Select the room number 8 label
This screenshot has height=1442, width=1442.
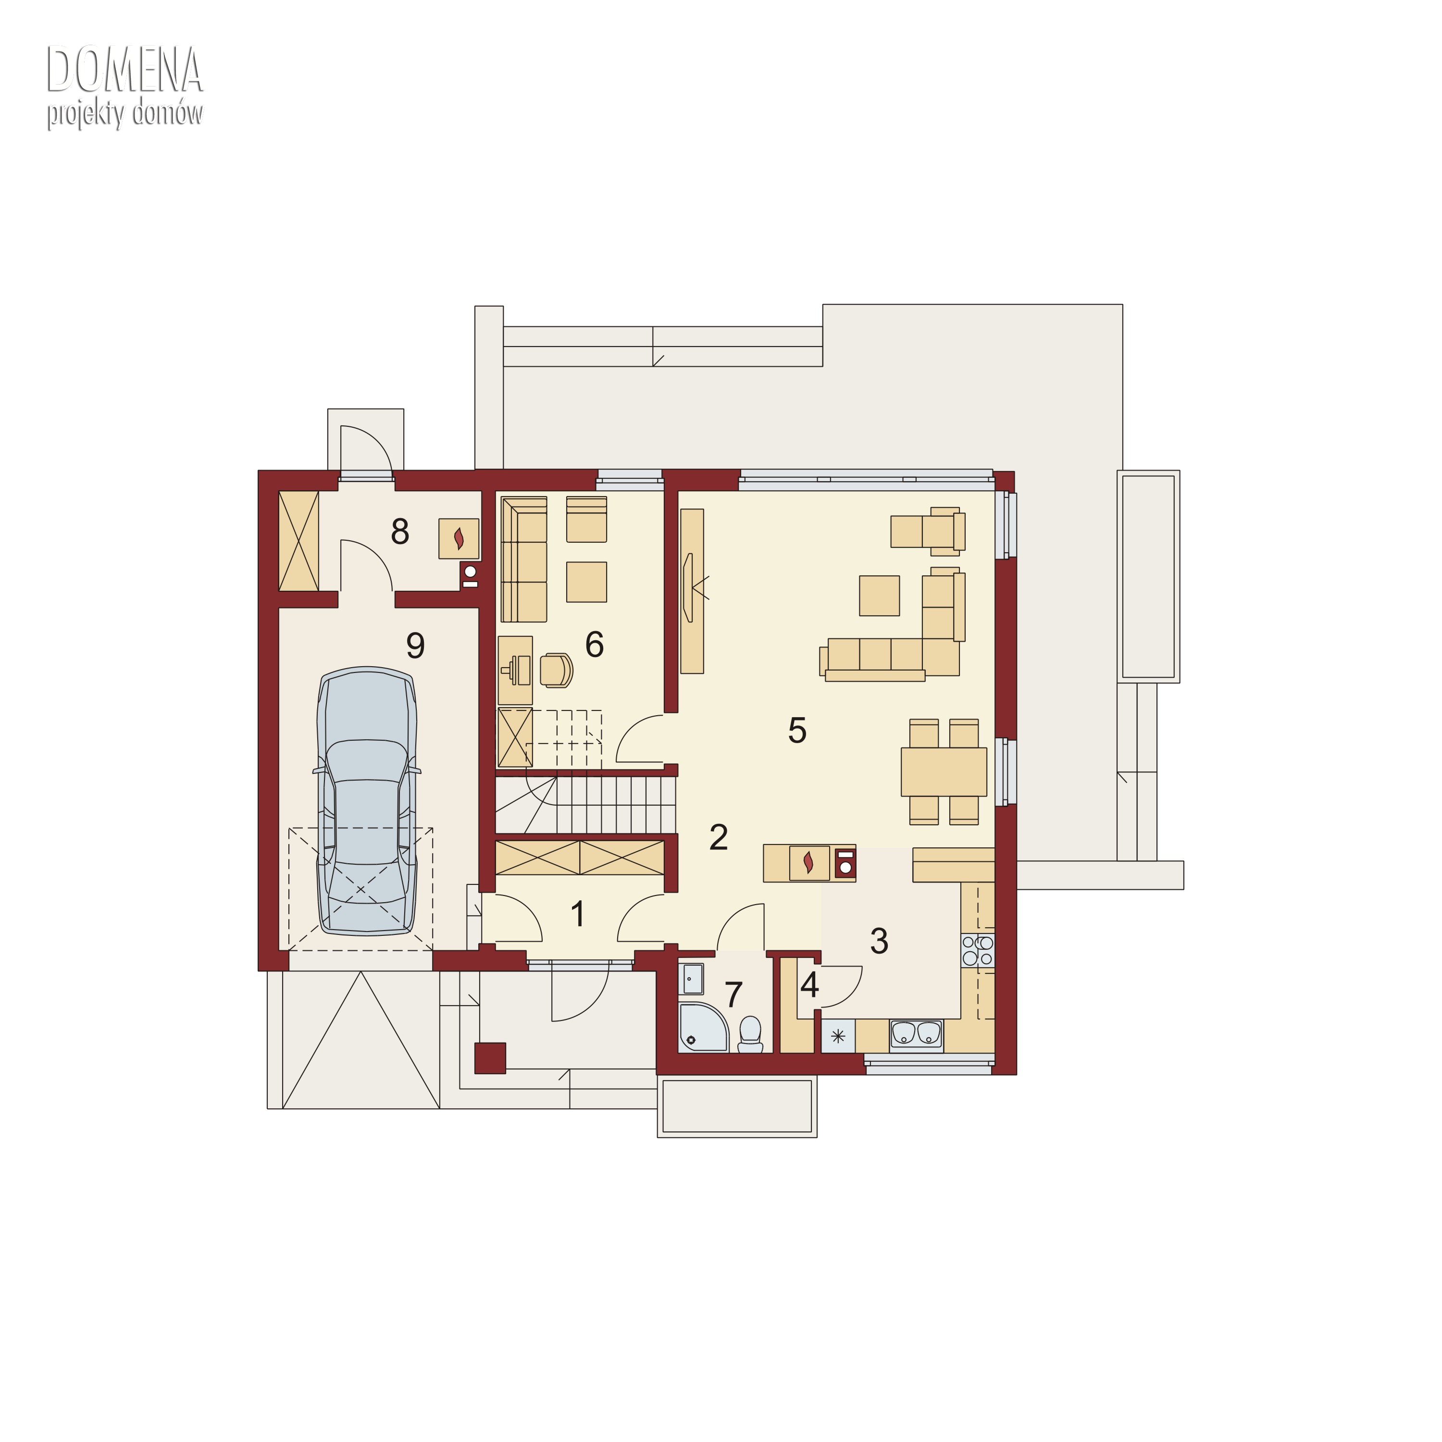coord(400,532)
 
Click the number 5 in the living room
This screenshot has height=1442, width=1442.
coord(797,730)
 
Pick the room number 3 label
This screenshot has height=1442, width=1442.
coord(879,941)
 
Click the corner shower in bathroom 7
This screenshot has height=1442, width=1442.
coord(703,1028)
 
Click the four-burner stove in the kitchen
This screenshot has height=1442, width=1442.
coord(978,950)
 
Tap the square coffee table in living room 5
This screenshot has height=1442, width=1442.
coord(879,595)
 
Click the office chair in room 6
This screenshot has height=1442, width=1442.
coord(556,670)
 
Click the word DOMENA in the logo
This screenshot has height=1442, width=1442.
coord(124,69)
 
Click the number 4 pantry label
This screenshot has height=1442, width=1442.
coord(810,986)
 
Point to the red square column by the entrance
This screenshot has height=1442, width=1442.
coord(490,1057)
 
